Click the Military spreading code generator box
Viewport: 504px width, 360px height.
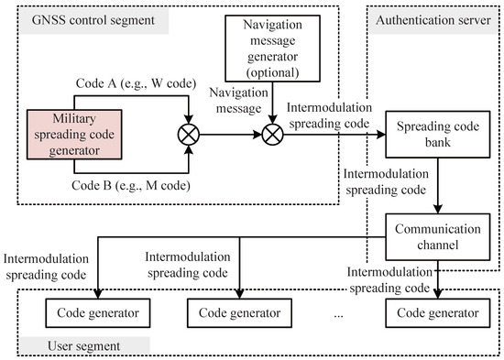point(74,135)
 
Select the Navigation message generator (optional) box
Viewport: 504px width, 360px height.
point(272,49)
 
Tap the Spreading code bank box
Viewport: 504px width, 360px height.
point(438,135)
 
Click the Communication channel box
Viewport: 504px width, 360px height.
point(438,237)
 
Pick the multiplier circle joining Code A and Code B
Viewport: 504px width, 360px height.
point(189,135)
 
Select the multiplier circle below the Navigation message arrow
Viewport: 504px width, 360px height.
point(272,135)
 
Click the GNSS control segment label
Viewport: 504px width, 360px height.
point(93,20)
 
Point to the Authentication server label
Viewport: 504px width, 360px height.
point(433,20)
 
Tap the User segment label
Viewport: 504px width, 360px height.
point(84,346)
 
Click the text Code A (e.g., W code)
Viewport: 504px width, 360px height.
point(136,83)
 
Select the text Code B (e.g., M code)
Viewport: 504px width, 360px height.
point(131,185)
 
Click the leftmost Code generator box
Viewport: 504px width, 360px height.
point(98,313)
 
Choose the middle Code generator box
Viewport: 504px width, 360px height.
point(239,313)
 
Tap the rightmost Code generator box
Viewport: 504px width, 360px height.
point(438,313)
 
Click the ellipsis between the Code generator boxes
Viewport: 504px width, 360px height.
point(338,316)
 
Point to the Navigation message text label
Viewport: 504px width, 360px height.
point(238,100)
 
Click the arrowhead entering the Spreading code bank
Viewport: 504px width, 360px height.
point(381,135)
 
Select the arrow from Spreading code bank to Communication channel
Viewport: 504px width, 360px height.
point(438,185)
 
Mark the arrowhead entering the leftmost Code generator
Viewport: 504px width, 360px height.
point(98,294)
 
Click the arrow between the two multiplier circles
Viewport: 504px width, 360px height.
point(230,135)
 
